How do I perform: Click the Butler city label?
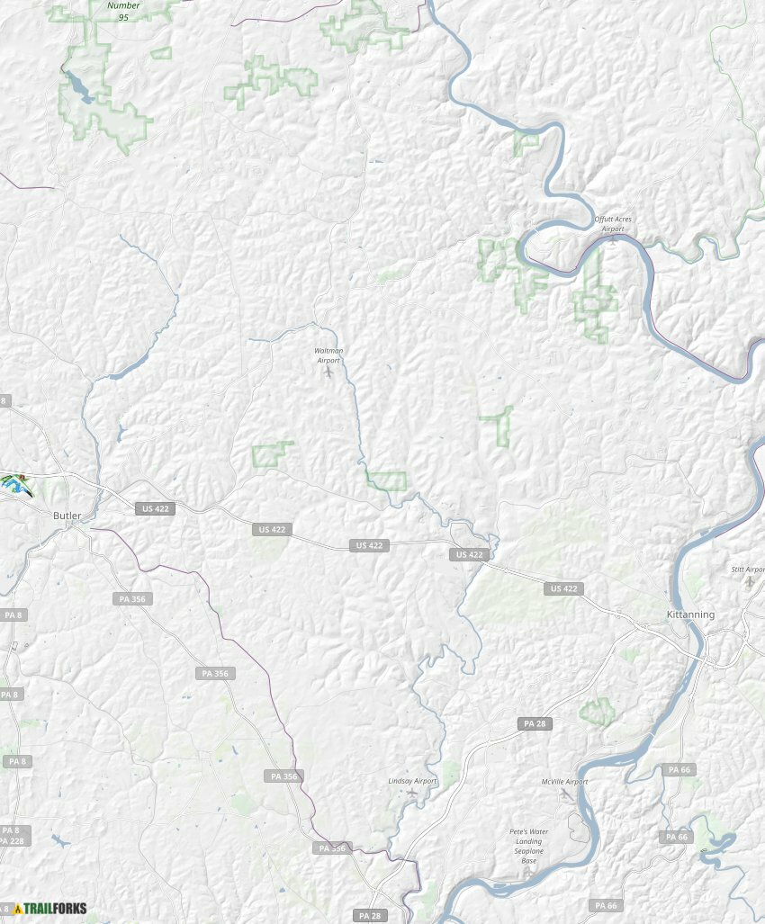[x=67, y=516]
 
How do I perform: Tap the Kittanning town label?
[x=690, y=615]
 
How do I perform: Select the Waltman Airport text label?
[x=328, y=354]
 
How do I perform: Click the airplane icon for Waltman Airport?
[x=329, y=370]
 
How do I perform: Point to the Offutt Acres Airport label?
[x=613, y=223]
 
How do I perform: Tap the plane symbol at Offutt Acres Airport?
[x=614, y=238]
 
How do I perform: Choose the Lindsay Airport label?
[x=412, y=781]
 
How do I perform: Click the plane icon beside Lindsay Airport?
[x=412, y=794]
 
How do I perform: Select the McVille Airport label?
[x=564, y=782]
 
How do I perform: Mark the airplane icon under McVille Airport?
[x=565, y=794]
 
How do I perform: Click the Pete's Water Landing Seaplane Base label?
[x=529, y=846]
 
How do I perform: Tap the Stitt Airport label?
[x=748, y=570]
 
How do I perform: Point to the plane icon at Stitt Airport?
[x=750, y=581]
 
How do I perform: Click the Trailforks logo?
[x=50, y=909]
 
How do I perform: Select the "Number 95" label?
[x=123, y=11]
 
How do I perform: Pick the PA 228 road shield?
[x=13, y=840]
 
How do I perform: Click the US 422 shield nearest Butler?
[x=155, y=508]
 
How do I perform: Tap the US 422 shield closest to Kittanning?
[x=563, y=588]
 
